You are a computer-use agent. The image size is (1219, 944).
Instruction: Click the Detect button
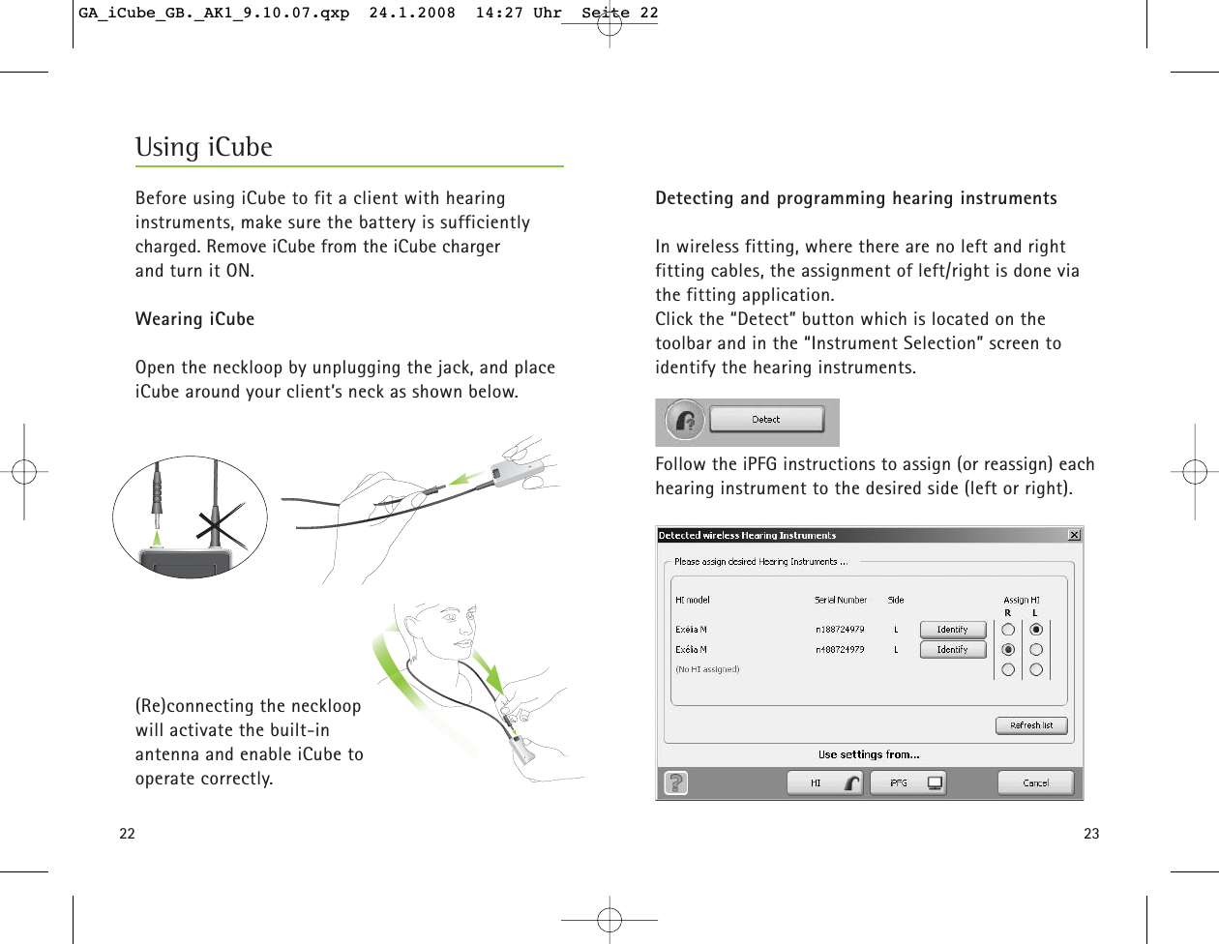pyautogui.click(x=766, y=420)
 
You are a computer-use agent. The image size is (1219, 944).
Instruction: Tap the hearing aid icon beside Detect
pyautogui.click(x=685, y=421)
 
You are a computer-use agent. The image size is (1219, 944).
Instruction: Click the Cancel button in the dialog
pyautogui.click(x=1035, y=782)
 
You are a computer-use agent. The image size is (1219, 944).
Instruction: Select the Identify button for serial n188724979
pyautogui.click(x=952, y=630)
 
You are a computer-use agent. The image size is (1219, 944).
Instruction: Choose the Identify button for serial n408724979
pyautogui.click(x=952, y=650)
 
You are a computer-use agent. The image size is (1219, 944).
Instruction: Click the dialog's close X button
pyautogui.click(x=1074, y=535)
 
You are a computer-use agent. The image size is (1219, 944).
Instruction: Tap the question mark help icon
pyautogui.click(x=676, y=782)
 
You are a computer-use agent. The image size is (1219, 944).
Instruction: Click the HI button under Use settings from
pyautogui.click(x=824, y=782)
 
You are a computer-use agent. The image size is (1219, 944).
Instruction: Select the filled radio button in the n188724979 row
pyautogui.click(x=1036, y=630)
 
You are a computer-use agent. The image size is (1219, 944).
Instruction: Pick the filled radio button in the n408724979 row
pyautogui.click(x=1008, y=650)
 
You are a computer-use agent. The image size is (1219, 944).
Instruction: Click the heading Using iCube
pyautogui.click(x=204, y=147)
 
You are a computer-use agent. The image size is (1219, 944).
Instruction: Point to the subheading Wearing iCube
pyautogui.click(x=194, y=319)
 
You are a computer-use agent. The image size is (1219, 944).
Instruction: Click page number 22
pyautogui.click(x=127, y=834)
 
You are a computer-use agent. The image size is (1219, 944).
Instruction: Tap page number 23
pyautogui.click(x=1091, y=834)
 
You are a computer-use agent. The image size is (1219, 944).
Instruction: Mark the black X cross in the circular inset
pyautogui.click(x=222, y=526)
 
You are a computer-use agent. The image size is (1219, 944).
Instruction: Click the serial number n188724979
pyautogui.click(x=839, y=630)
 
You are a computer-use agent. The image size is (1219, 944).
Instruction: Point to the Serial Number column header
pyautogui.click(x=840, y=600)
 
